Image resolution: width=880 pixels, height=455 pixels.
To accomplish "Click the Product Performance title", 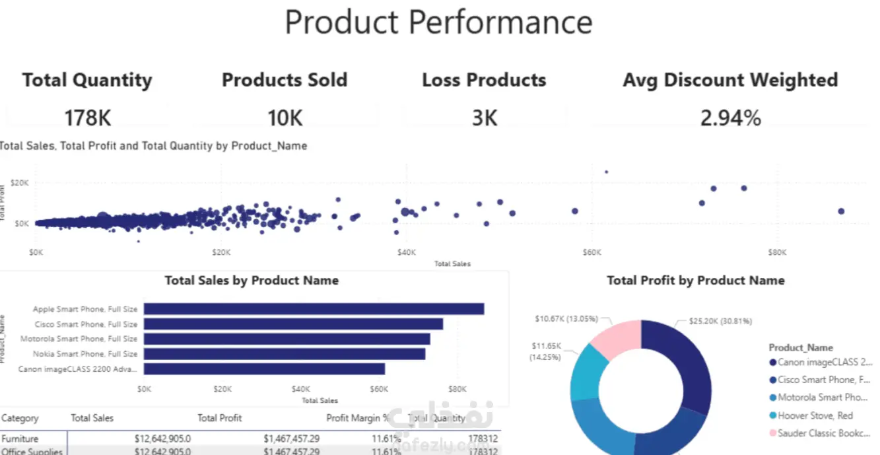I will (x=438, y=22).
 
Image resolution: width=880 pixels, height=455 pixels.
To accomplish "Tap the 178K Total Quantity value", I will (x=88, y=118).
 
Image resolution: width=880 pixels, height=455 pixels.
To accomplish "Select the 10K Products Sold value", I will (x=285, y=118).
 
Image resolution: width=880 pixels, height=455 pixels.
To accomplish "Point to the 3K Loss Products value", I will (x=484, y=118).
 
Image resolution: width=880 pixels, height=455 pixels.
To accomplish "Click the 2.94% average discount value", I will (x=730, y=118).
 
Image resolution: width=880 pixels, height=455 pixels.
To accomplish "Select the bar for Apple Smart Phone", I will (x=314, y=309).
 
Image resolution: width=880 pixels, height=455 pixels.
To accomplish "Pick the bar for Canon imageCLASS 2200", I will (x=264, y=369).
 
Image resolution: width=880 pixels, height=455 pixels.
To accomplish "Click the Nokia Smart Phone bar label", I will (x=85, y=354).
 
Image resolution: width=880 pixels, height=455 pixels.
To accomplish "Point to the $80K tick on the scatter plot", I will (x=778, y=252).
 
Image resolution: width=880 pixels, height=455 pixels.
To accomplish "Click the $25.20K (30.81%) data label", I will (x=720, y=322).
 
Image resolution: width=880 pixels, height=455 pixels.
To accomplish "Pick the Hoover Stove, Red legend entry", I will (x=815, y=415).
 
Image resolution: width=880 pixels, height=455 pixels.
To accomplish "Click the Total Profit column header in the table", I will (x=219, y=418).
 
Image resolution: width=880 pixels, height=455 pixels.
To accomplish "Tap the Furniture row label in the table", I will (x=20, y=438).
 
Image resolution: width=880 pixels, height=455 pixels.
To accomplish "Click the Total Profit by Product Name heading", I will (x=695, y=281).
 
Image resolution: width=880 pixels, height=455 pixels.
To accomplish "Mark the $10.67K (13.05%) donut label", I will (x=566, y=319).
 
